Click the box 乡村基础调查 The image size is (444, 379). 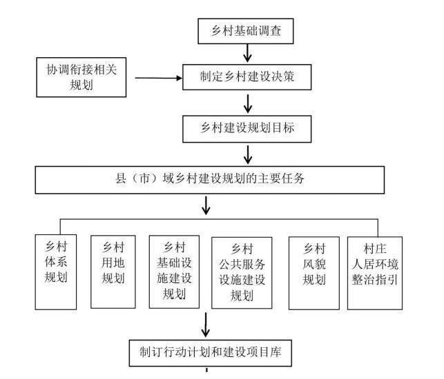[x=247, y=30]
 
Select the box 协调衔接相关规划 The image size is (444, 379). [x=81, y=77]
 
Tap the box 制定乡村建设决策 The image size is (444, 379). [x=247, y=77]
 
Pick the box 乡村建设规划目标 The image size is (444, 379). [x=247, y=128]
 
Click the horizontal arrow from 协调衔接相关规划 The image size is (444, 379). [x=158, y=78]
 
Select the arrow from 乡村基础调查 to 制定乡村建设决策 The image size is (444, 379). [x=247, y=53]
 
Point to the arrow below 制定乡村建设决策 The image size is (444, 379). [x=247, y=103]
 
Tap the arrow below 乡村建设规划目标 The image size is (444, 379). [x=247, y=154]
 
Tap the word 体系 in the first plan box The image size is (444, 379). [x=57, y=263]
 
